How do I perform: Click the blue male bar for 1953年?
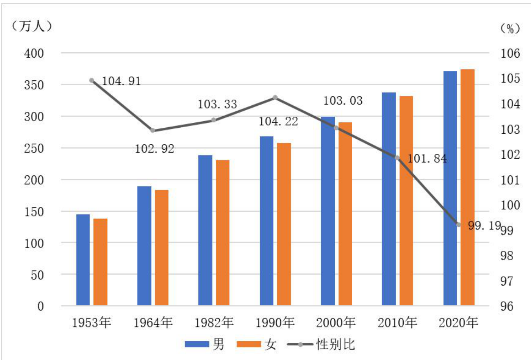(83, 260)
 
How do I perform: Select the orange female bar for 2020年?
(467, 187)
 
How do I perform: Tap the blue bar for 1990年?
(267, 221)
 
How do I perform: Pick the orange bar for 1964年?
(162, 248)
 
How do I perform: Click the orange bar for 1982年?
(223, 233)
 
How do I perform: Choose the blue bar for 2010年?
(389, 199)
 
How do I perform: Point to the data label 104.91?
(121, 81)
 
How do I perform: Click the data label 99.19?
(484, 225)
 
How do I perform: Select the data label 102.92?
(154, 149)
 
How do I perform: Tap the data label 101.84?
(427, 158)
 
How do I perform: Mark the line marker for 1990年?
(275, 98)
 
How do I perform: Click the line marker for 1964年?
(153, 130)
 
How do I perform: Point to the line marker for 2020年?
(459, 225)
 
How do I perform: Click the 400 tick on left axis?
(34, 53)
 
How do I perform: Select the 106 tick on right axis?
(510, 53)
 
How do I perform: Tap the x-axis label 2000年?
(336, 323)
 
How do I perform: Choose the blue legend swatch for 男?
(197, 344)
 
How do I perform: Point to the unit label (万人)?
(31, 26)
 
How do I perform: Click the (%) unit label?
(510, 29)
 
